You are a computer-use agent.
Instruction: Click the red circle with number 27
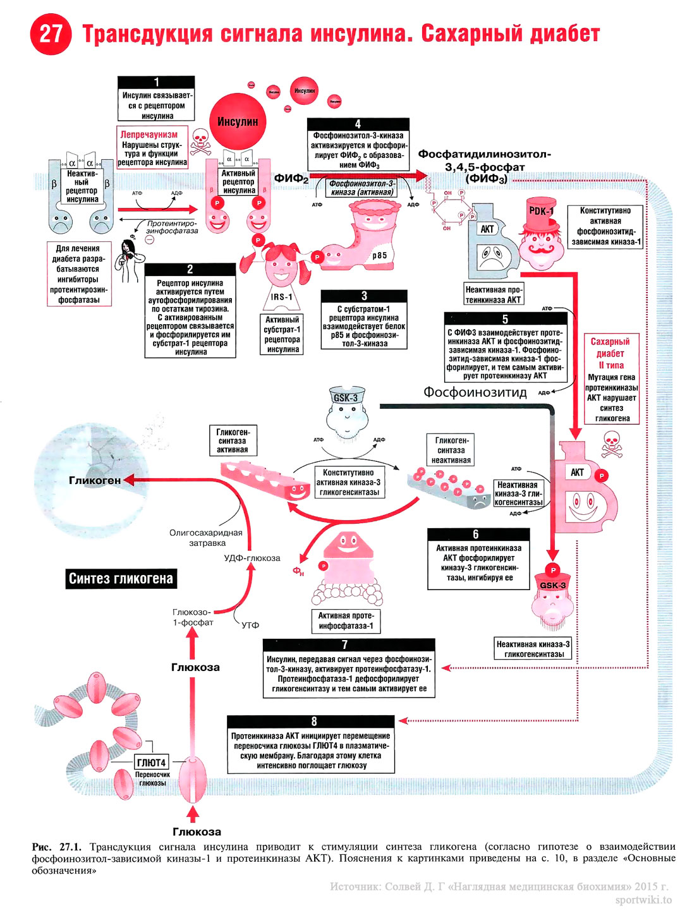(x=51, y=33)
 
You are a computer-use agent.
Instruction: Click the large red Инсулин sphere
(x=238, y=122)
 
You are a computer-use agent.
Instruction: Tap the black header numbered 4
(x=358, y=124)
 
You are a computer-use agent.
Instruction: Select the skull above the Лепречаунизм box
(x=201, y=143)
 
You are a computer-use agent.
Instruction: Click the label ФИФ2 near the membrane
(x=291, y=179)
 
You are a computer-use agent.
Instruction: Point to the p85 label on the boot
(x=380, y=255)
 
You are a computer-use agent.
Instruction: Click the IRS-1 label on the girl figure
(x=282, y=296)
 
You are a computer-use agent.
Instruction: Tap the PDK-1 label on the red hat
(x=541, y=211)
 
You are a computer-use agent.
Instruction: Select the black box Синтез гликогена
(x=121, y=578)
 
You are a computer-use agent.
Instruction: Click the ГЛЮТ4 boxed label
(x=152, y=763)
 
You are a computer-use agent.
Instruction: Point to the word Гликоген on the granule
(x=95, y=480)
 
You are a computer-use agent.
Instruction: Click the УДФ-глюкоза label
(x=252, y=558)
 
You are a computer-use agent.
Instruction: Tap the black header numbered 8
(x=314, y=722)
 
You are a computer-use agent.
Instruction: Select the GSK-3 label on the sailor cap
(x=346, y=397)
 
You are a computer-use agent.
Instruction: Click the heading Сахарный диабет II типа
(x=610, y=353)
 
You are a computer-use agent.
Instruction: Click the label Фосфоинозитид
(x=475, y=392)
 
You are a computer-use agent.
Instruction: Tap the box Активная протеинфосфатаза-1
(x=346, y=620)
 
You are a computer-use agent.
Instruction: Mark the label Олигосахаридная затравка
(x=206, y=538)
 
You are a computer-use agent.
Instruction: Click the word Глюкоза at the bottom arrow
(x=197, y=831)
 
